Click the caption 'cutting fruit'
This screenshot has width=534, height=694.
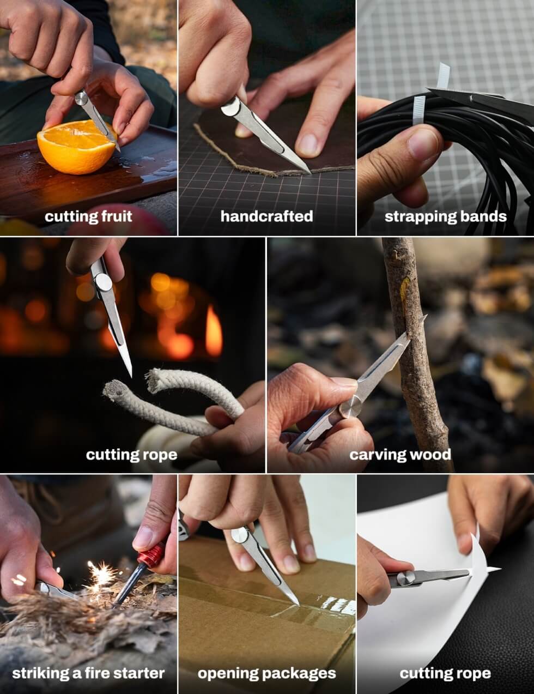[x=88, y=216]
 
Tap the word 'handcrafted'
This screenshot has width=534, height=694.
[x=266, y=216]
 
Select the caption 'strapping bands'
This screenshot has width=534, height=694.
[x=445, y=217]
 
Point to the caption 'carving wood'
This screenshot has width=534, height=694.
[x=400, y=455]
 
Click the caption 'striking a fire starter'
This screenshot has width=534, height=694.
[x=88, y=673]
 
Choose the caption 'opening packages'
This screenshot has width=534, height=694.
[x=266, y=674]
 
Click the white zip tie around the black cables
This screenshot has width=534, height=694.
[x=420, y=110]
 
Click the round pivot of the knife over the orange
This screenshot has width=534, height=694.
[x=82, y=98]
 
